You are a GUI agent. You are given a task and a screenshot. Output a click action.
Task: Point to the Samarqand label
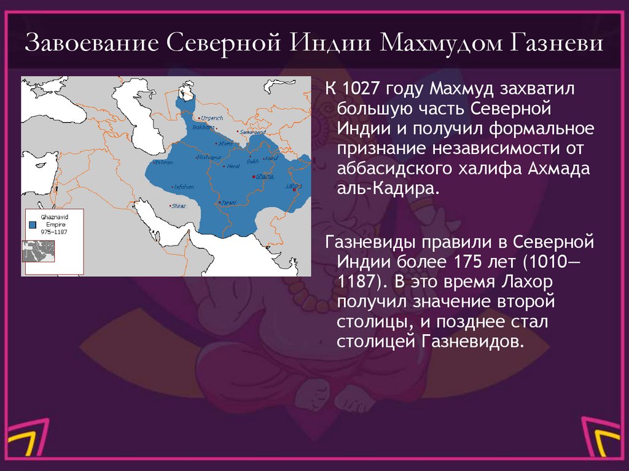pos(252,131)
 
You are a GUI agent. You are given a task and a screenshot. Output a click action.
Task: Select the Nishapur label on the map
pos(208,157)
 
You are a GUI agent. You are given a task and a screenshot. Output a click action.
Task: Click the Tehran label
pos(164,162)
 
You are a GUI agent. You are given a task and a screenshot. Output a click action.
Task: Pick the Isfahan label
pos(184,185)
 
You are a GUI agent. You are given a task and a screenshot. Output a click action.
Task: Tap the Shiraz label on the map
pos(179,206)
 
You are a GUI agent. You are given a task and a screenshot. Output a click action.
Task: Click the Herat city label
pos(233,166)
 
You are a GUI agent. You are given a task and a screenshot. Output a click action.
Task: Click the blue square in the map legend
pos(32,225)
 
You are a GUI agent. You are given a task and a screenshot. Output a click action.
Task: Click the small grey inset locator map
pos(39,251)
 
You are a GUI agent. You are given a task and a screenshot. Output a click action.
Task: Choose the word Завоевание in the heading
pos(92,47)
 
